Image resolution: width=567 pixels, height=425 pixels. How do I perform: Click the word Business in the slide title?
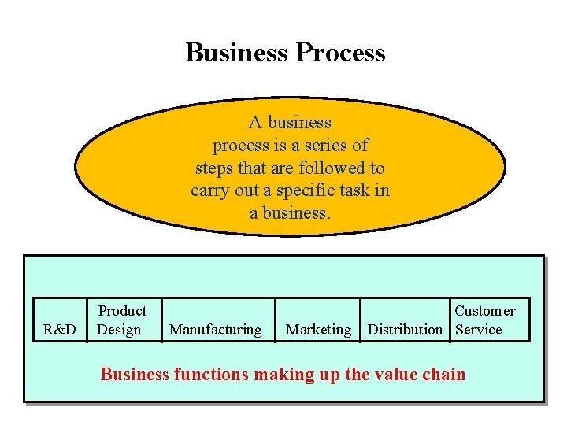[237, 53]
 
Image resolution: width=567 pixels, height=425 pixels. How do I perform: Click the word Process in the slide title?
[340, 53]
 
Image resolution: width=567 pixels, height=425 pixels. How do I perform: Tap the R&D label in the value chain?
[60, 330]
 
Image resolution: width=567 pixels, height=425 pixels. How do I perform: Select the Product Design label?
[121, 320]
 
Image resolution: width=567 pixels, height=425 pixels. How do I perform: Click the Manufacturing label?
[215, 330]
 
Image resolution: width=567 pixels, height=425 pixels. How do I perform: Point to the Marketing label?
[318, 330]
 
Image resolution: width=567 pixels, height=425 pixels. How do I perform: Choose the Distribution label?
[405, 330]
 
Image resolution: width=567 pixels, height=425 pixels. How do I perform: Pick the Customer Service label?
[484, 320]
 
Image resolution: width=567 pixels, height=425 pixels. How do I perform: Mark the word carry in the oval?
[209, 190]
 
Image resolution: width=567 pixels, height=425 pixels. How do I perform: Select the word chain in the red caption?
[442, 375]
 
